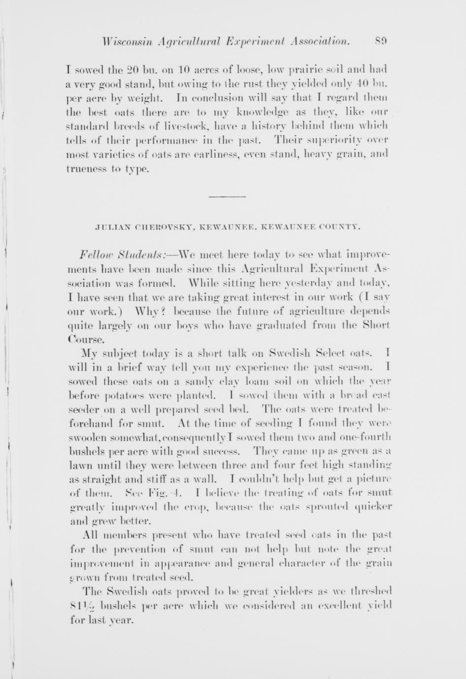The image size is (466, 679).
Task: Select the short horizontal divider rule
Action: (x=227, y=196)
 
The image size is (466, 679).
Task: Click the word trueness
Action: (x=84, y=168)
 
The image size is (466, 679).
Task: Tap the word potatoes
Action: (x=116, y=395)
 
